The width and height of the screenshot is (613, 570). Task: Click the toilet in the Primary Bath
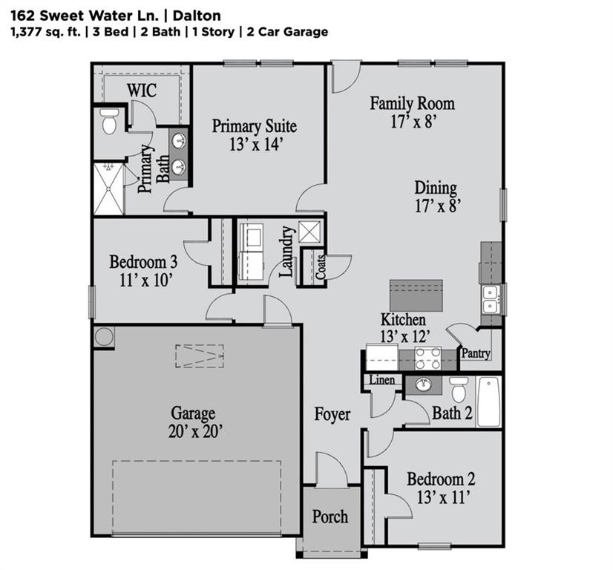109,122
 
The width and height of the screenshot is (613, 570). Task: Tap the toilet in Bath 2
459,389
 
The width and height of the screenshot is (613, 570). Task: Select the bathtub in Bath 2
488,402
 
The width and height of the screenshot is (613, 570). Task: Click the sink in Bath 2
424,385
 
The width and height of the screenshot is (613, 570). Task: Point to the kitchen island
416,295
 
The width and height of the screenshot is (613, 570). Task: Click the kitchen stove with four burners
427,358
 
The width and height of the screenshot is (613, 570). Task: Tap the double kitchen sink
491,299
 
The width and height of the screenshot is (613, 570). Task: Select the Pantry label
476,354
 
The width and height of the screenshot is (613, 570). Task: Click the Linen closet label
382,381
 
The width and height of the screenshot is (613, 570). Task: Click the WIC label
141,90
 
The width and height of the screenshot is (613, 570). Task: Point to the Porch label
330,516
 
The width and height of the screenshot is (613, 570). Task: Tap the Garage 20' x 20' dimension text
193,431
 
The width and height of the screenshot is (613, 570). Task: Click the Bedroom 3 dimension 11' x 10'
142,280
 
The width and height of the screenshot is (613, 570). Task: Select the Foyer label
332,414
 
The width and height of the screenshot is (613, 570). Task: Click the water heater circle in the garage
103,337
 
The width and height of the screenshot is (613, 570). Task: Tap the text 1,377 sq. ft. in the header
44,32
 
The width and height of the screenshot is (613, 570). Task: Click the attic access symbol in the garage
199,356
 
